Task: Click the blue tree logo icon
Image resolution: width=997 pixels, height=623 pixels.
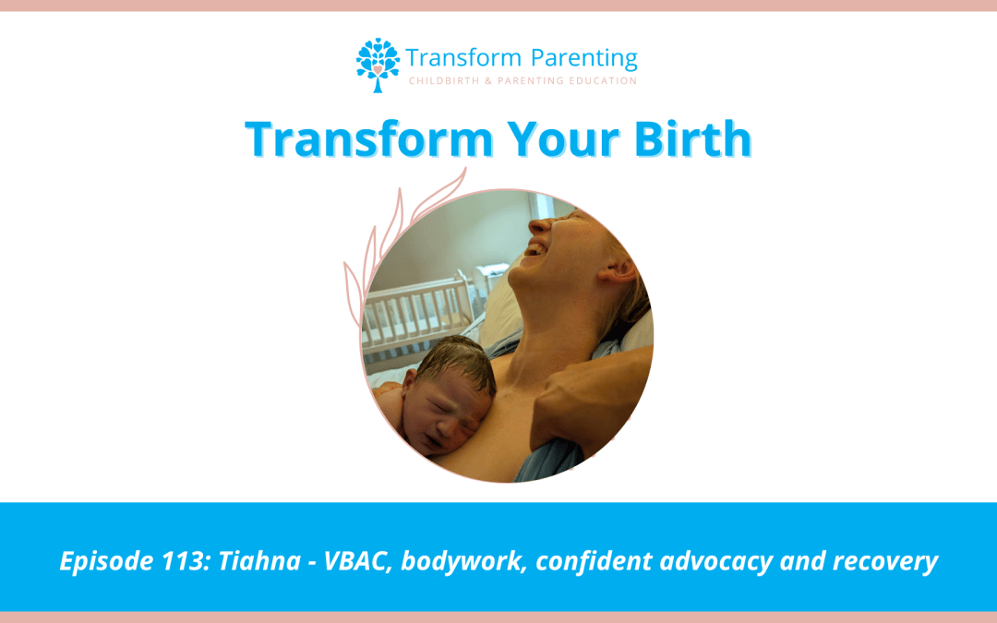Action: coord(378,65)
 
